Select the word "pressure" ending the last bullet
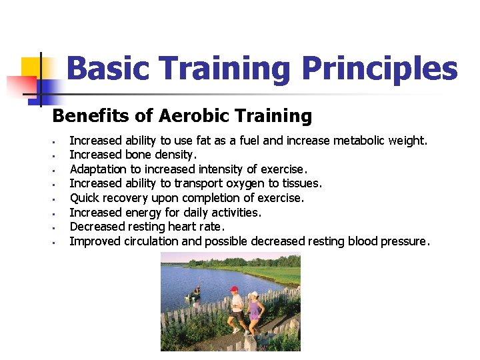(x=403, y=241)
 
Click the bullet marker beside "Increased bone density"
(x=52, y=155)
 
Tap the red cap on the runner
(x=233, y=289)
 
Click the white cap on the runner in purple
(x=253, y=293)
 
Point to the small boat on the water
(x=195, y=291)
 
